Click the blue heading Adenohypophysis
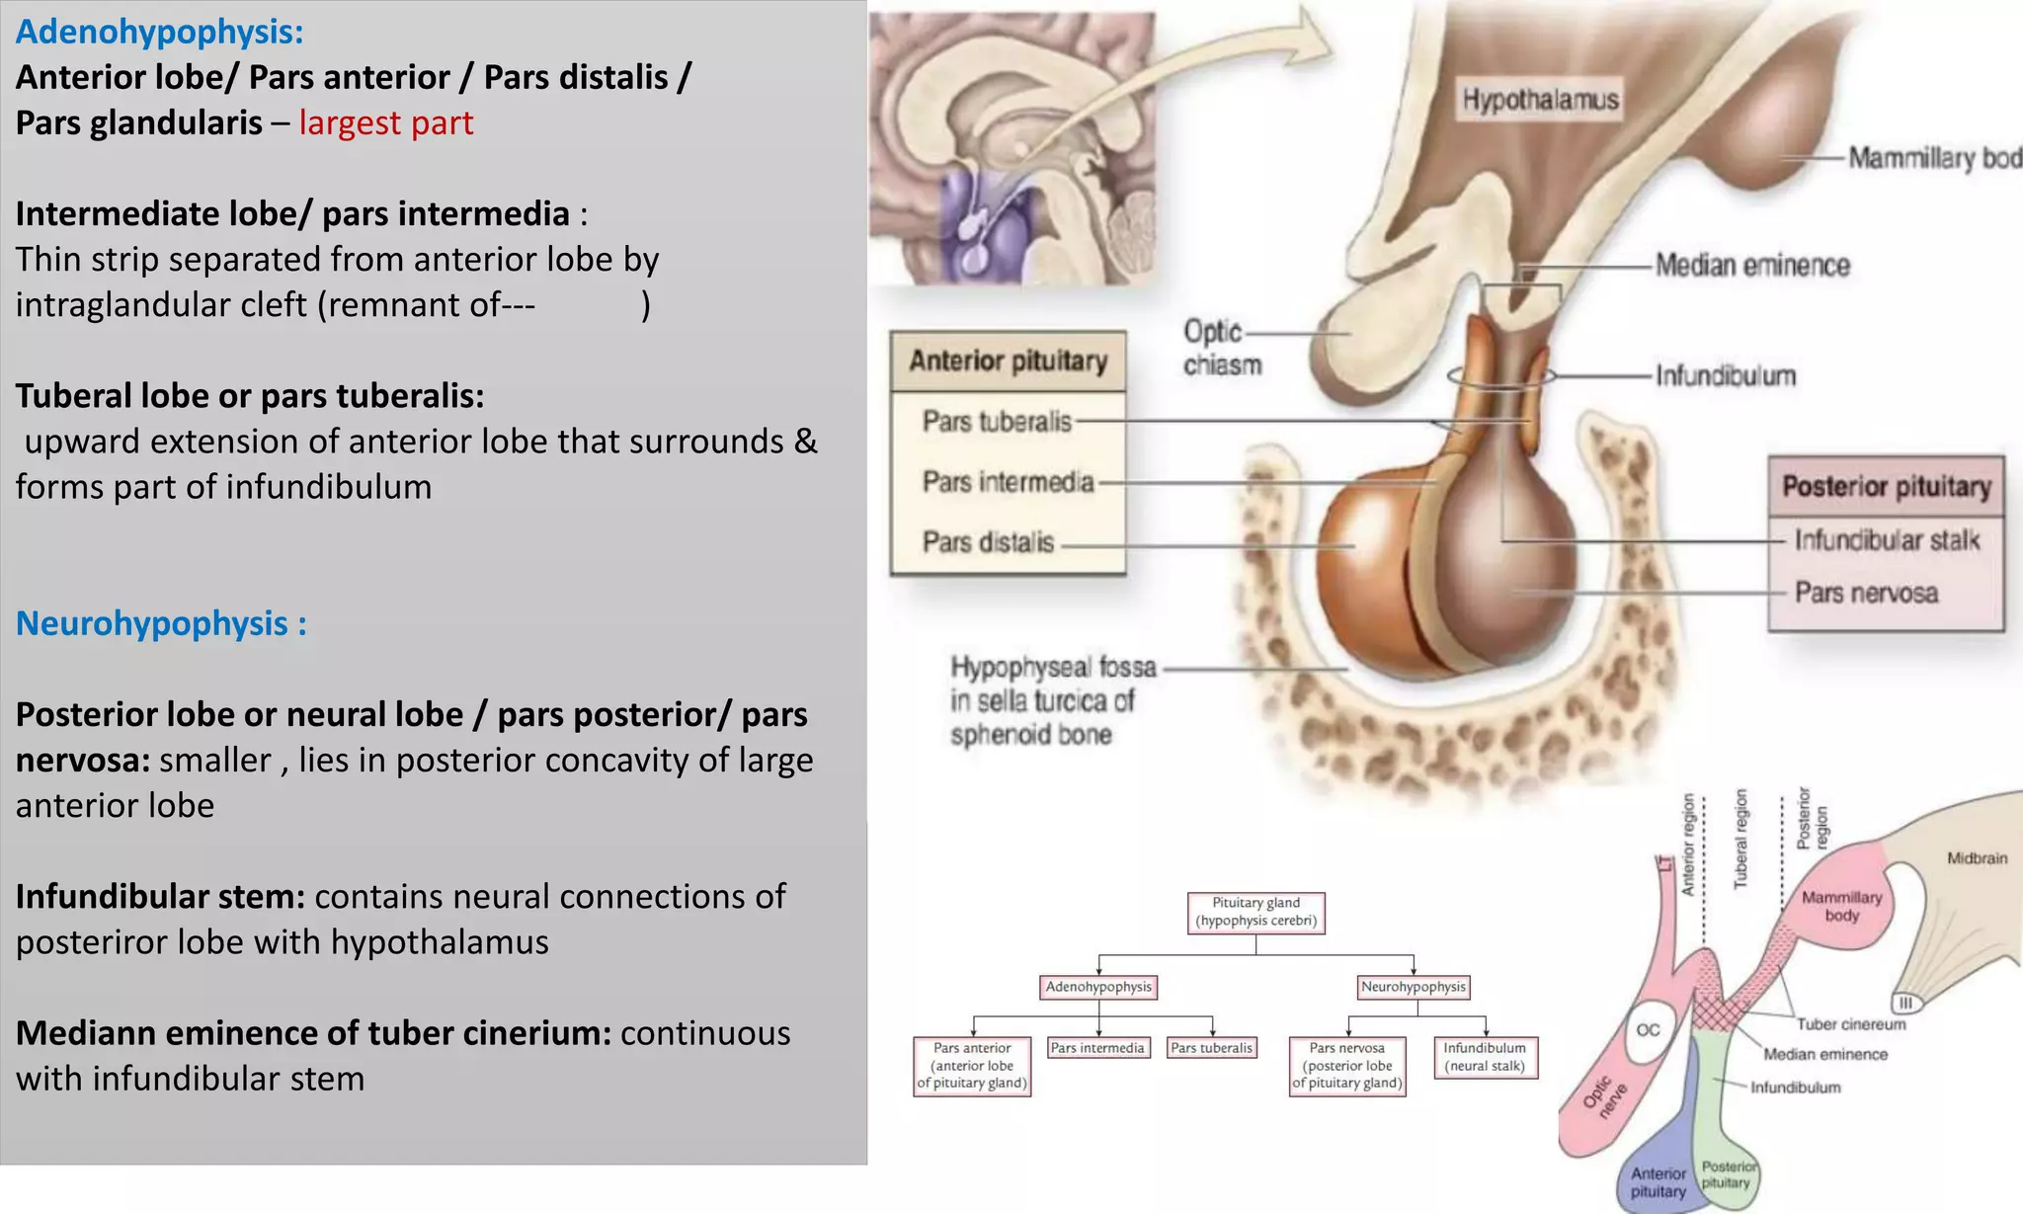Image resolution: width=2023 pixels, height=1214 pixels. pyautogui.click(x=159, y=32)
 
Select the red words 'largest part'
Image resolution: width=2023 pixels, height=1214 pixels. pyautogui.click(x=385, y=122)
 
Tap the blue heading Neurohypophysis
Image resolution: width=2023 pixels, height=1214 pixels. pyautogui.click(x=161, y=623)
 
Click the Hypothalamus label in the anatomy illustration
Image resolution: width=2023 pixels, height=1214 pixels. pyautogui.click(x=1540, y=100)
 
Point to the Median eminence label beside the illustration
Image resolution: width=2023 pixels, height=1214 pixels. pyautogui.click(x=1752, y=265)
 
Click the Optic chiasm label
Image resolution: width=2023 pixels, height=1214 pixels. pyautogui.click(x=1222, y=348)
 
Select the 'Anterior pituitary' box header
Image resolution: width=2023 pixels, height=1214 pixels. pyautogui.click(x=1008, y=361)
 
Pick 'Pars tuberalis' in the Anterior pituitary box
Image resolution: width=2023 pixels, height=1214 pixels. pyautogui.click(x=996, y=422)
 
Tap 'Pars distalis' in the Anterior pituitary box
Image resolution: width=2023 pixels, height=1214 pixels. pyautogui.click(x=988, y=542)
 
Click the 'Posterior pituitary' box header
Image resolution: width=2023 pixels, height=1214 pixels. pyautogui.click(x=1886, y=486)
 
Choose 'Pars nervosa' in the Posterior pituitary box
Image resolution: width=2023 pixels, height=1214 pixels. pyautogui.click(x=1866, y=593)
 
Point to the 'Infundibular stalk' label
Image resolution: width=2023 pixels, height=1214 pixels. pyautogui.click(x=1887, y=540)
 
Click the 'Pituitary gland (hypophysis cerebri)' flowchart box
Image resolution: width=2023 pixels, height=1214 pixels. pyautogui.click(x=1255, y=912)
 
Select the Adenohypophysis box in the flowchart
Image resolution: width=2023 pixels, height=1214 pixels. pyautogui.click(x=1098, y=987)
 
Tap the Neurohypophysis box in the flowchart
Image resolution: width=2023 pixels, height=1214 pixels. pyautogui.click(x=1414, y=987)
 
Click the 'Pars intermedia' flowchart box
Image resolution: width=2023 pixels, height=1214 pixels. pyautogui.click(x=1097, y=1048)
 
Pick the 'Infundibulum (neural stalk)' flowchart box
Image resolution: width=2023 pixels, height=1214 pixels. pyautogui.click(x=1485, y=1057)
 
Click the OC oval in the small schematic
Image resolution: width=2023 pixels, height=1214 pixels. pyautogui.click(x=1648, y=1030)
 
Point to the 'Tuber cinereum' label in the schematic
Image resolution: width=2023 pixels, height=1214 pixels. pyautogui.click(x=1850, y=1024)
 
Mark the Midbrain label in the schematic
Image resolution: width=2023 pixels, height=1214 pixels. pyautogui.click(x=1977, y=858)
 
